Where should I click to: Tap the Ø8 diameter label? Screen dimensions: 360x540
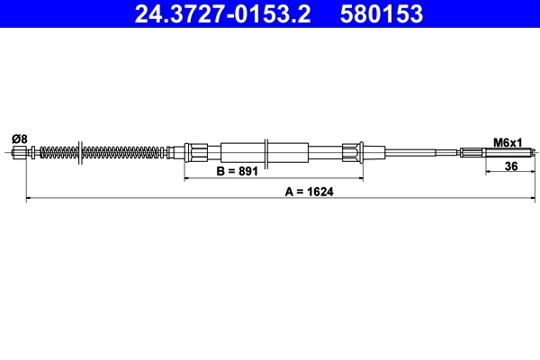[x=20, y=139]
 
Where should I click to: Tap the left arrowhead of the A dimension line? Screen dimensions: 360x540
[x=29, y=197]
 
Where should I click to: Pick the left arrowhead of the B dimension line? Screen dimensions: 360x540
[x=188, y=177]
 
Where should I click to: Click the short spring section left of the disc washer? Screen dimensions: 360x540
[x=58, y=152]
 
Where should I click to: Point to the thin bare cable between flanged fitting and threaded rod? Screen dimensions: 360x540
[x=414, y=152]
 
